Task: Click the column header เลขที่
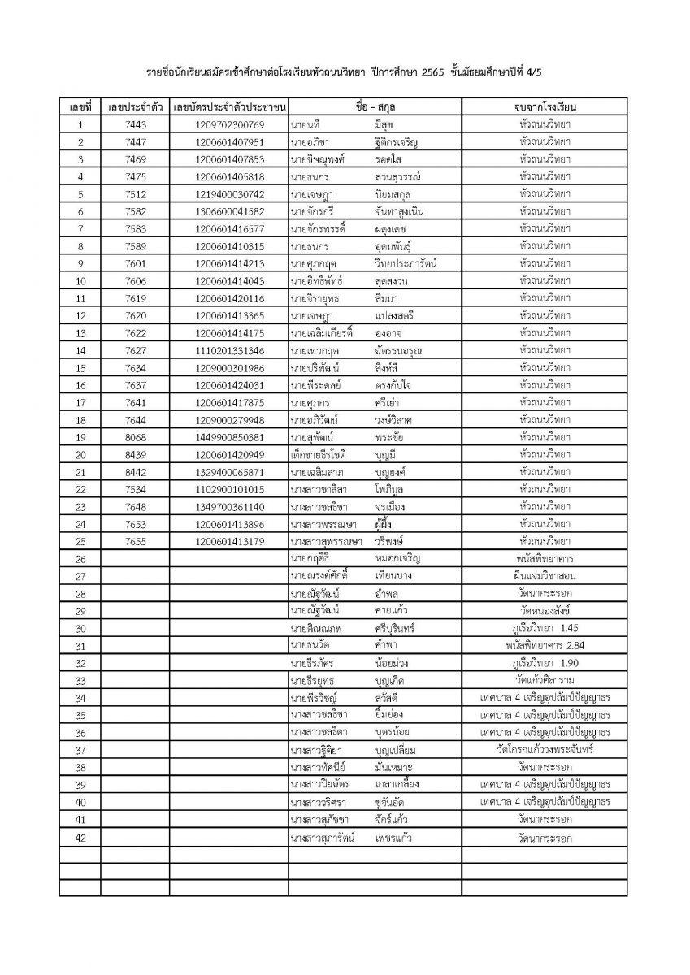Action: pyautogui.click(x=80, y=107)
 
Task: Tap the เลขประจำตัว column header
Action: pyautogui.click(x=136, y=107)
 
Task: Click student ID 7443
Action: pyautogui.click(x=136, y=125)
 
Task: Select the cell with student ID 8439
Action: pyautogui.click(x=136, y=454)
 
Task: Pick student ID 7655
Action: pyautogui.click(x=136, y=541)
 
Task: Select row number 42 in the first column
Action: pyautogui.click(x=80, y=837)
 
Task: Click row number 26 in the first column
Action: pyautogui.click(x=80, y=559)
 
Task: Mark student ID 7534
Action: pyautogui.click(x=136, y=489)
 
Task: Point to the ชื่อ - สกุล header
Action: pyautogui.click(x=375, y=107)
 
